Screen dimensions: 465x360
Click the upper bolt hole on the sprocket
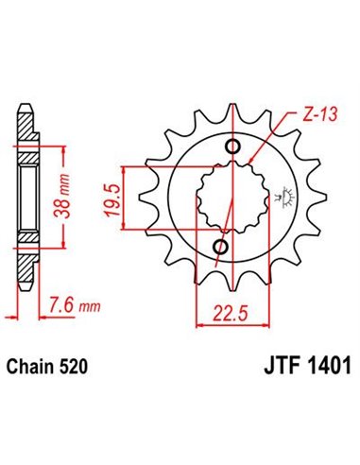click(232, 145)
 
